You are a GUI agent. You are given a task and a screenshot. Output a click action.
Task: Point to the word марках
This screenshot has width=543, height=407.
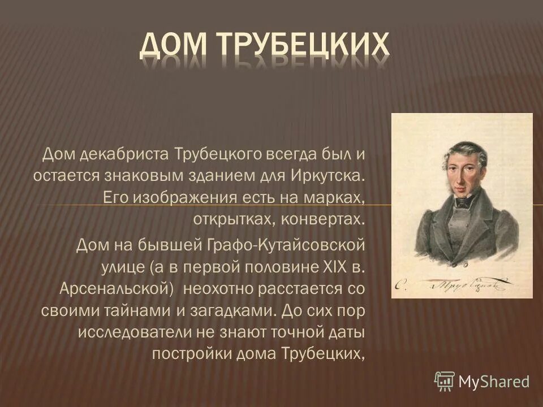pyautogui.click(x=334, y=197)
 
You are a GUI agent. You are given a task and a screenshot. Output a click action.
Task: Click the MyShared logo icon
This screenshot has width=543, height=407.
pyautogui.click(x=444, y=382)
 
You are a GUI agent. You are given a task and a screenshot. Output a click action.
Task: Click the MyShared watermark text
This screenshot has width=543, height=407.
pyautogui.click(x=494, y=382)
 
